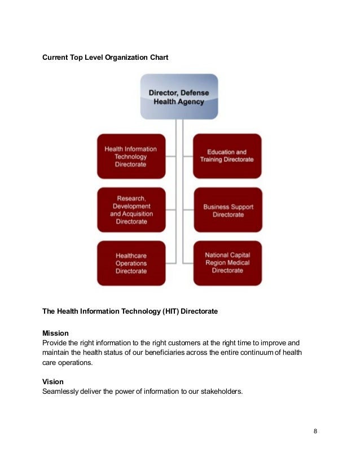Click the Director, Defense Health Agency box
click(x=179, y=96)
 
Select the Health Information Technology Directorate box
click(x=131, y=156)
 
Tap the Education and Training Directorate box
click(x=227, y=156)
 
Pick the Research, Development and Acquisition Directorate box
click(x=131, y=210)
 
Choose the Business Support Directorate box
click(x=227, y=210)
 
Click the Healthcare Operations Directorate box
click(x=131, y=263)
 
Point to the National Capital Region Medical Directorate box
click(x=227, y=263)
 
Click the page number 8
click(x=315, y=432)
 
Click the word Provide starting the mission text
click(x=55, y=343)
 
